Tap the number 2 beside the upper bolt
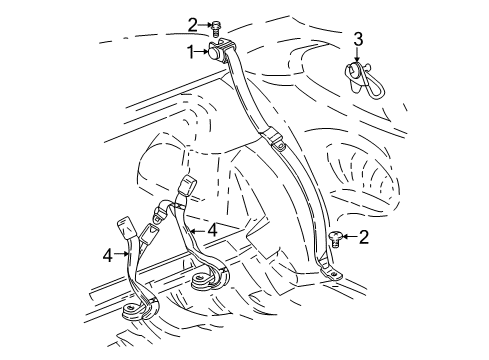pyautogui.click(x=192, y=24)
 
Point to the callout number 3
pyautogui.click(x=358, y=39)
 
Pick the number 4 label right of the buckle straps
pyautogui.click(x=213, y=229)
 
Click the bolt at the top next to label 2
pyautogui.click(x=214, y=29)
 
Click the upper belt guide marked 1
pyautogui.click(x=220, y=51)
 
